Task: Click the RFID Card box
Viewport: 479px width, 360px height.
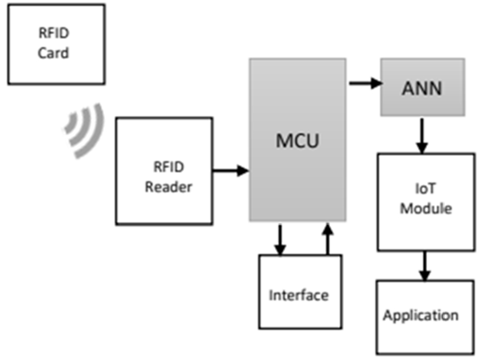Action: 56,45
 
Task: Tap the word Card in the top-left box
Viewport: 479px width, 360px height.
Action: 53,53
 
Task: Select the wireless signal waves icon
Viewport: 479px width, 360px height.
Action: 84,131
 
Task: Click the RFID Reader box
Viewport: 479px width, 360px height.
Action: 164,171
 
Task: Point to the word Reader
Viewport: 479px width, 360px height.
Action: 169,187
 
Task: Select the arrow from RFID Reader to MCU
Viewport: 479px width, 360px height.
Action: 231,171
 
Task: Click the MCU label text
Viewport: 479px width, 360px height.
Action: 297,140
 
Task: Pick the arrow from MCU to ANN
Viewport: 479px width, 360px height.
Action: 366,83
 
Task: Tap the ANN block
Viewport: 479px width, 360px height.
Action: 423,87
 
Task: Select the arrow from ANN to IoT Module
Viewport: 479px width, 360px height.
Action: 422,136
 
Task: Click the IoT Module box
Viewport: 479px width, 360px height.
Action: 426,202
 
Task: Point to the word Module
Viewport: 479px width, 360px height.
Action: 426,209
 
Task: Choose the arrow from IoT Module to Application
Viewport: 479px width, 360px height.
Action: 424,266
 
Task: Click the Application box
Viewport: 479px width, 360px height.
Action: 425,317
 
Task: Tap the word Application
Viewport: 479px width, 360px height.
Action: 421,315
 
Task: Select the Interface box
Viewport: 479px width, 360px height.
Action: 300,292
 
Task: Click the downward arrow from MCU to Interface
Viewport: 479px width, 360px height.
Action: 280,240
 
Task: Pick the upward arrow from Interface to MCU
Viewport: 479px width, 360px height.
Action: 328,239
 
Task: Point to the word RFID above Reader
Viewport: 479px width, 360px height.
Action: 169,167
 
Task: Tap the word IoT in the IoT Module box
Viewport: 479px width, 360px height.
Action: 425,189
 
